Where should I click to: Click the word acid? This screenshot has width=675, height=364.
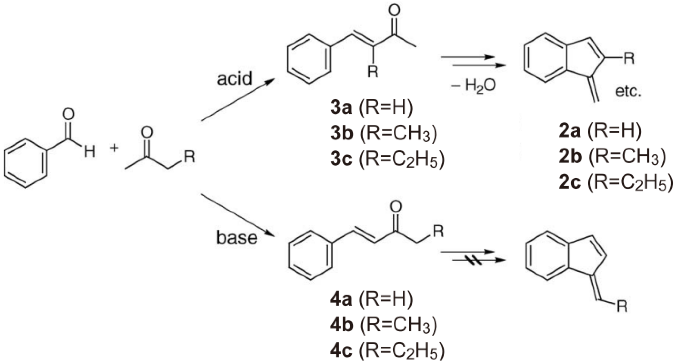(234, 78)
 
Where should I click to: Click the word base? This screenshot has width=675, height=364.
(237, 238)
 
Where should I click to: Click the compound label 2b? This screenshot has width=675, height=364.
(570, 157)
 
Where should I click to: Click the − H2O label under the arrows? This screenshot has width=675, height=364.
(473, 85)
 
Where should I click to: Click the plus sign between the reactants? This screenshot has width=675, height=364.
(114, 148)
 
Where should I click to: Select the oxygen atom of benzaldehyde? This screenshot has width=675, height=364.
(68, 114)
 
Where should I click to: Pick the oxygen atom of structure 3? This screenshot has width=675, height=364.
(394, 11)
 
